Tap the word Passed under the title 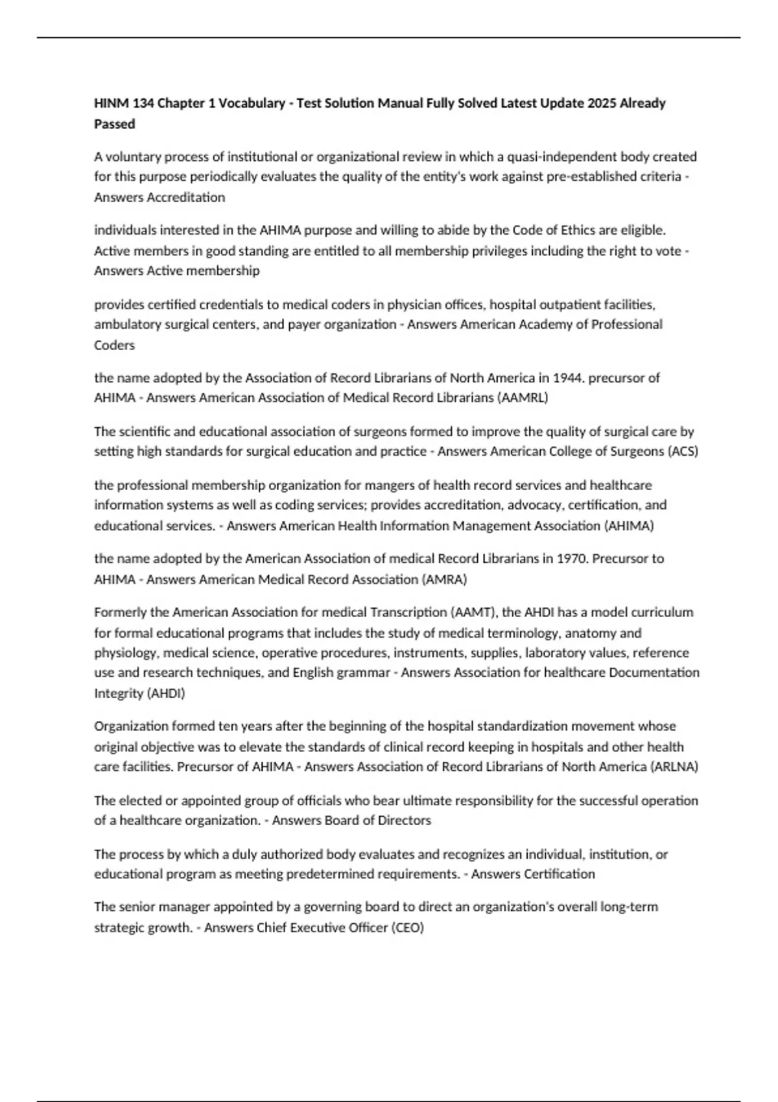115,124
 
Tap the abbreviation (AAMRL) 522,397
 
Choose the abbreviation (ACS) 682,451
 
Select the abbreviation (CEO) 407,928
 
